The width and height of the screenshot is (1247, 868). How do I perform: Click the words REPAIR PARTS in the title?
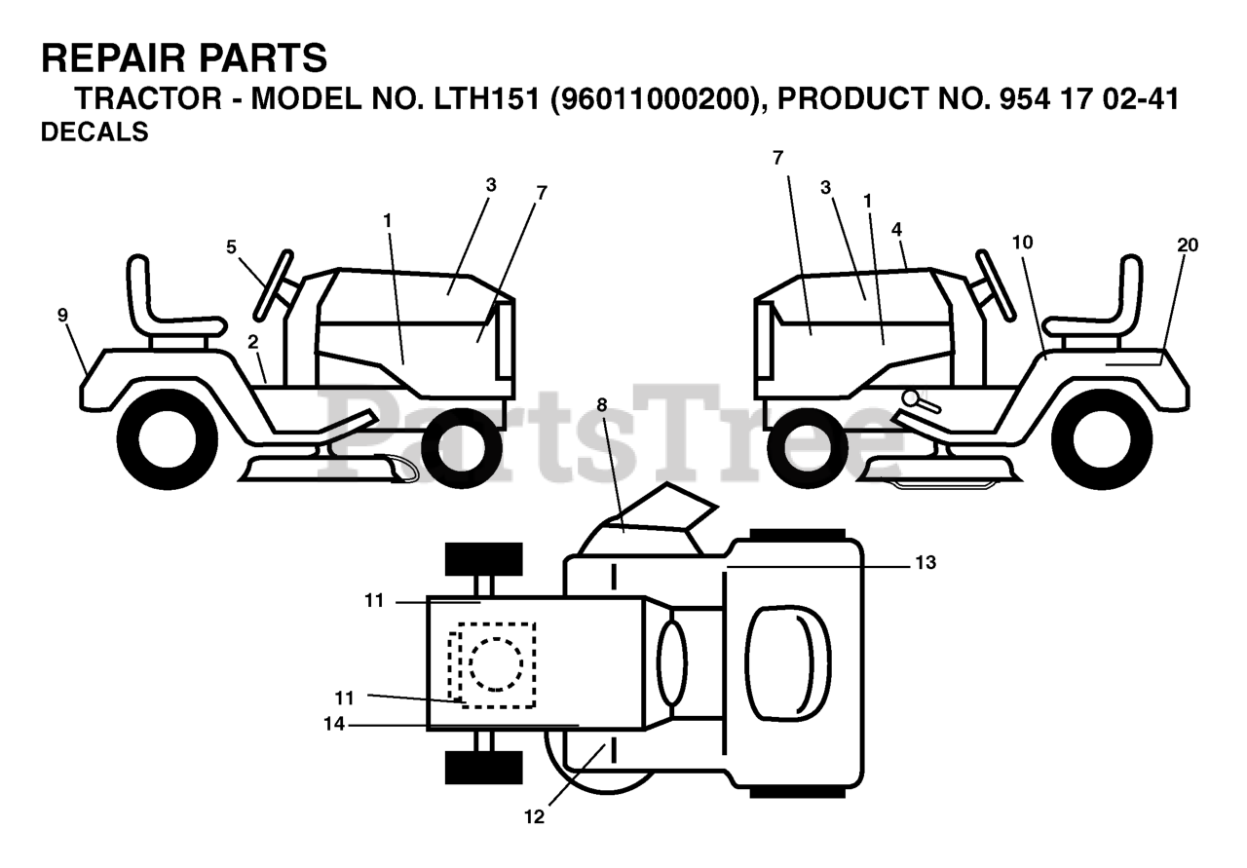tap(184, 58)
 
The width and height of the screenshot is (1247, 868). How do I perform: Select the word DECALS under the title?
tap(94, 132)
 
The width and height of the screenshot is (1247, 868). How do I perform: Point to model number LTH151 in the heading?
tap(480, 99)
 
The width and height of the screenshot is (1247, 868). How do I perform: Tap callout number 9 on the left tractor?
tap(62, 315)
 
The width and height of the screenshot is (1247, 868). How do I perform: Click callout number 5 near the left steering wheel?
tap(231, 247)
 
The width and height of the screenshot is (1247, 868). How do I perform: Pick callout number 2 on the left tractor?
tap(252, 342)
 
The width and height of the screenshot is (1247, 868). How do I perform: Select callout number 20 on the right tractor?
tap(1187, 245)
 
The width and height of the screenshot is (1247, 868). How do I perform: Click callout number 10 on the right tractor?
tap(1022, 242)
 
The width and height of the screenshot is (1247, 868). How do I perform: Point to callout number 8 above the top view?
tap(601, 402)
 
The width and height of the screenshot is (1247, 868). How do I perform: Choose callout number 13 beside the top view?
tap(925, 562)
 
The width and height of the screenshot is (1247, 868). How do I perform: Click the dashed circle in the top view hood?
tap(496, 664)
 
